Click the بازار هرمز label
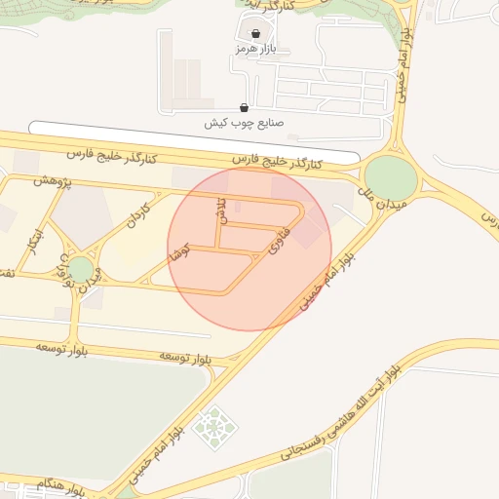[x=256, y=48]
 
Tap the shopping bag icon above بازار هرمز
[x=256, y=32]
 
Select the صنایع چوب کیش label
[x=243, y=123]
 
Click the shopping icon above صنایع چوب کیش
[x=243, y=107]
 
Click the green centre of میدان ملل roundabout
[x=391, y=176]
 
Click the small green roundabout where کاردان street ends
[x=80, y=268]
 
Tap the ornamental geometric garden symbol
[x=211, y=427]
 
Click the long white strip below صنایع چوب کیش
[x=195, y=141]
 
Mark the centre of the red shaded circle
[x=249, y=249]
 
